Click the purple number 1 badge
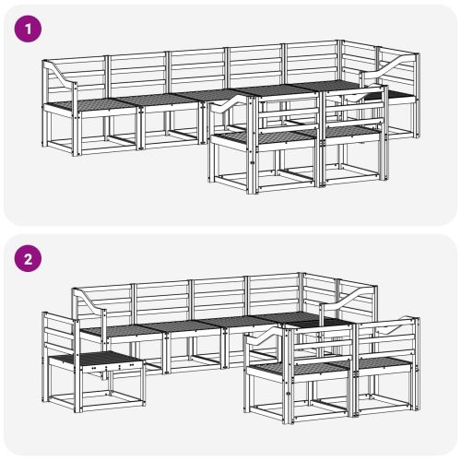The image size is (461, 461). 29,29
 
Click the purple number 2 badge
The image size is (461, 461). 29,258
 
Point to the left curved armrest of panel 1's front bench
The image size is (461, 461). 229,102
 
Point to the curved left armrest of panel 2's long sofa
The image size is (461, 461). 90,300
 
